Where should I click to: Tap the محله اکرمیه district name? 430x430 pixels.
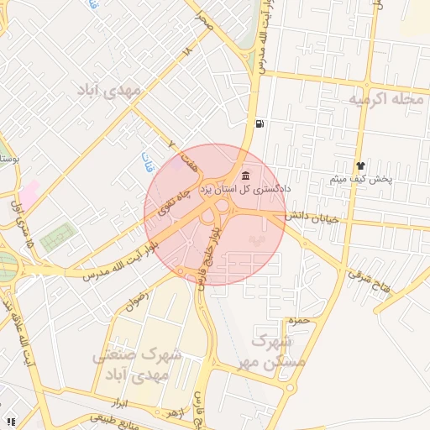[x=385, y=100]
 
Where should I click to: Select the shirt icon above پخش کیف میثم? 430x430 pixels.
[x=360, y=165]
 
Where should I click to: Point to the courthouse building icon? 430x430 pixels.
[x=245, y=176]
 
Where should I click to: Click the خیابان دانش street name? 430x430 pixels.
[x=310, y=218]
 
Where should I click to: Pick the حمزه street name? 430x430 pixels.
[x=299, y=321]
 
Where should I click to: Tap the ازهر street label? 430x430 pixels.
[x=173, y=414]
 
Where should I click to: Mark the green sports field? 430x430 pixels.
[x=56, y=236]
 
